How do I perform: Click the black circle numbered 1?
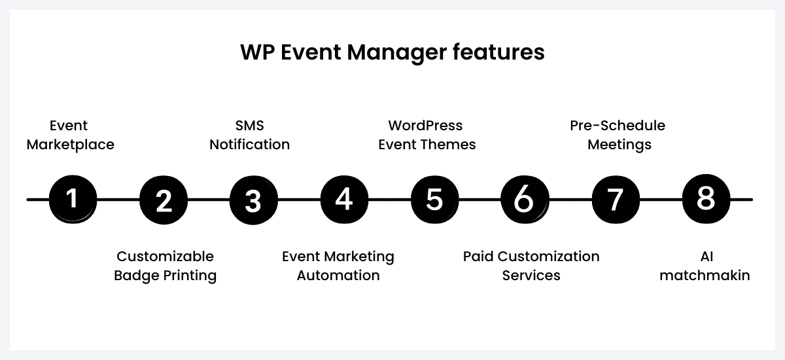pyautogui.click(x=73, y=199)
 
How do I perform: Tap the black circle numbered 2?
pyautogui.click(x=164, y=199)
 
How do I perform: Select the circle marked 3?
pyautogui.click(x=253, y=199)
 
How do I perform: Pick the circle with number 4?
pyautogui.click(x=344, y=199)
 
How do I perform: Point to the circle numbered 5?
pyautogui.click(x=434, y=199)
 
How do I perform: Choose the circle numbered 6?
pyautogui.click(x=524, y=199)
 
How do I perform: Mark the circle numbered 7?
pyautogui.click(x=615, y=199)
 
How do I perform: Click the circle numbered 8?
pyautogui.click(x=705, y=199)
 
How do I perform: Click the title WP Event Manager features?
pyautogui.click(x=392, y=52)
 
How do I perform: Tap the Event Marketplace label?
pyautogui.click(x=70, y=135)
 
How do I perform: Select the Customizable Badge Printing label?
pyautogui.click(x=165, y=266)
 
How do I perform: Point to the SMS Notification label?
pyautogui.click(x=249, y=135)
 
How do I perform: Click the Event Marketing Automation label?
pyautogui.click(x=338, y=266)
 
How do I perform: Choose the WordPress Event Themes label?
pyautogui.click(x=427, y=135)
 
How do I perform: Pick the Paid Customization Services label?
pyautogui.click(x=531, y=266)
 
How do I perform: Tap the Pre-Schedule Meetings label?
pyautogui.click(x=618, y=135)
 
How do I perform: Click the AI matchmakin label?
pyautogui.click(x=705, y=266)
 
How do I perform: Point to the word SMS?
pyautogui.click(x=249, y=125)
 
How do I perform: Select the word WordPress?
pyautogui.click(x=425, y=125)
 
